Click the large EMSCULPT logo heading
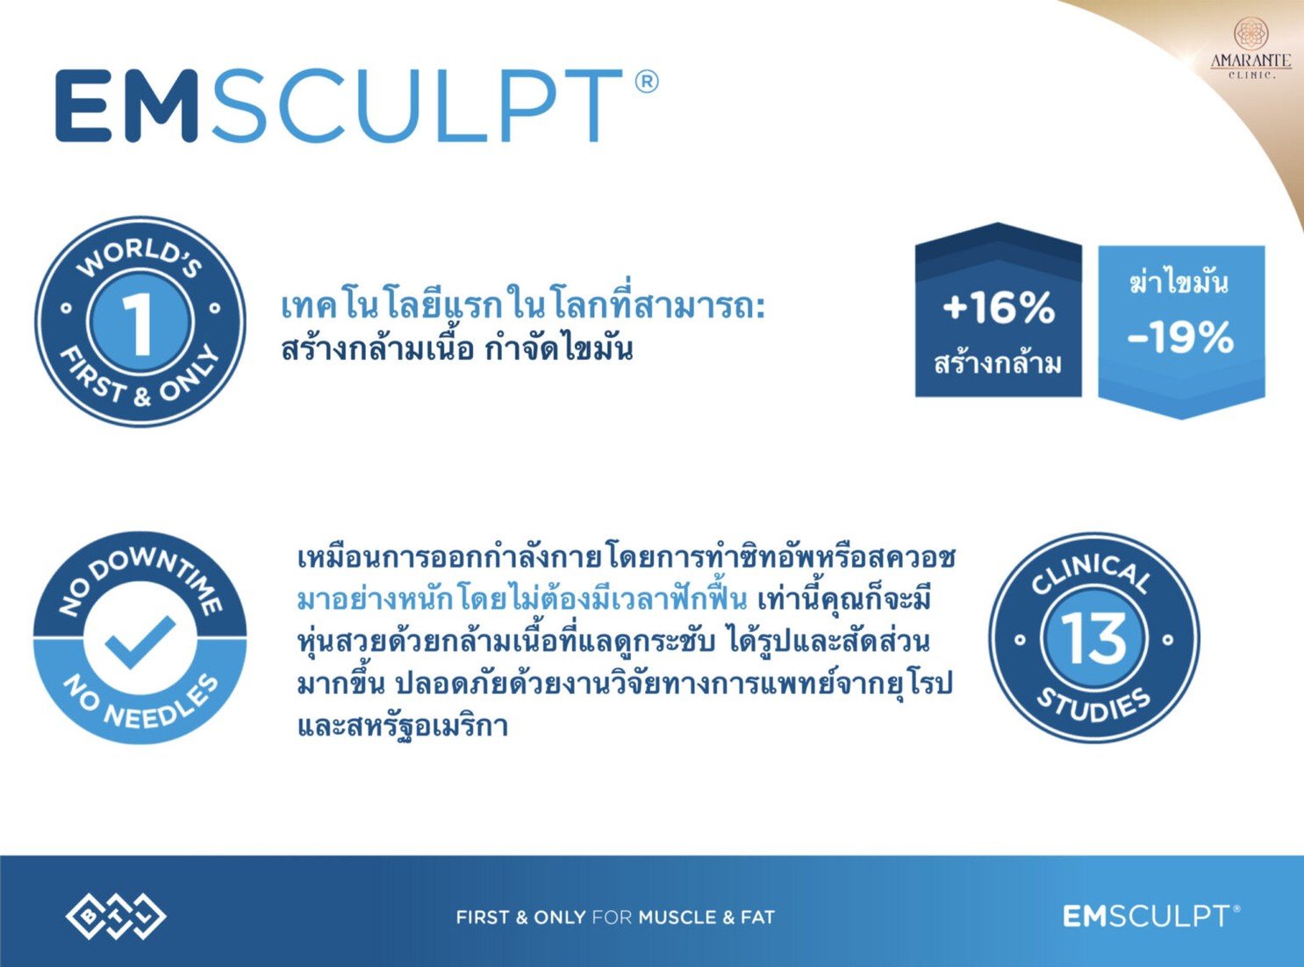pos(338,105)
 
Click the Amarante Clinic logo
pos(1250,48)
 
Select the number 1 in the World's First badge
pos(139,323)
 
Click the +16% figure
pos(998,308)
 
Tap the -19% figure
pos(1181,338)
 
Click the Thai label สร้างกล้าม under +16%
pos(998,362)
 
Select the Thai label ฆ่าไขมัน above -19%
pos(1179,283)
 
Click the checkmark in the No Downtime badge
pos(140,641)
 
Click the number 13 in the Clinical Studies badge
pos(1093,638)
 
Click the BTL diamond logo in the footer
pos(116,917)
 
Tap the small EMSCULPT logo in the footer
pos(1150,916)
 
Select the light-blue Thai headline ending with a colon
pos(523,308)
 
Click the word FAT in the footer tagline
pos(757,918)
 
